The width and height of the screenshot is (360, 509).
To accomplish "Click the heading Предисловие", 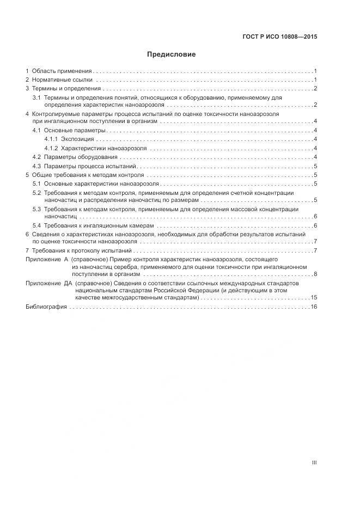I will (x=171, y=54).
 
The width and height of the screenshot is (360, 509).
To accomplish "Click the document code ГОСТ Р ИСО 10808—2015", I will (x=279, y=37).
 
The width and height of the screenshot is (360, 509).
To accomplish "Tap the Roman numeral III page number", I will (x=314, y=463).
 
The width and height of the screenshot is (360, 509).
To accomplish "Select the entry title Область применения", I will (x=62, y=71).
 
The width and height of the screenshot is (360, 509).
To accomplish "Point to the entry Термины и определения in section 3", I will (x=66, y=89).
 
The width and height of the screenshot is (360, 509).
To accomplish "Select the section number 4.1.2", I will (x=51, y=149).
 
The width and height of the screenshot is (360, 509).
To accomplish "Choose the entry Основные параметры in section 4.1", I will (x=73, y=131).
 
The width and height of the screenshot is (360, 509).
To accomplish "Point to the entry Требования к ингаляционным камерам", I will (x=99, y=225).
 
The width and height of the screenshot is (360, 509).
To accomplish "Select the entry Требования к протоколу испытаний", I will (x=82, y=251).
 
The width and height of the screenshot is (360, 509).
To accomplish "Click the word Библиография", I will (x=46, y=307).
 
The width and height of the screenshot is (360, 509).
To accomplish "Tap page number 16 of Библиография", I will (x=314, y=307).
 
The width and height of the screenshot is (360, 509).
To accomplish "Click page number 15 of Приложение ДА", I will (x=314, y=298).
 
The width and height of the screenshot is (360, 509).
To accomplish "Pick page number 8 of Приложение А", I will (x=315, y=274).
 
